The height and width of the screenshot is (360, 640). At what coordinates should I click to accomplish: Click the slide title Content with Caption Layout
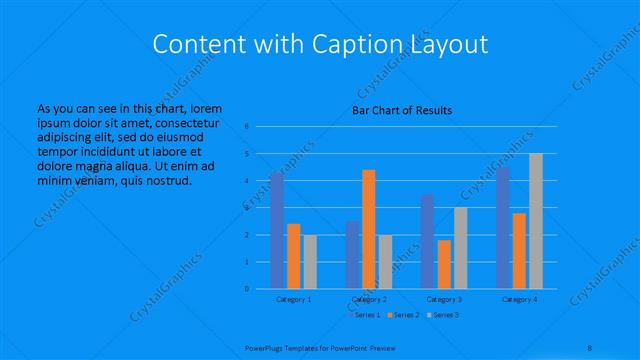319,45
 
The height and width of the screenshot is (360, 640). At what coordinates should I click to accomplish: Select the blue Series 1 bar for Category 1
277,230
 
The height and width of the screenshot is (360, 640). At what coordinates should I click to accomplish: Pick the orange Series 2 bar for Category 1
293,256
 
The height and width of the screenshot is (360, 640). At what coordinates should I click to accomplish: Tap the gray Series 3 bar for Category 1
310,262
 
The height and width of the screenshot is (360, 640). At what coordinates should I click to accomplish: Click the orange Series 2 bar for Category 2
368,229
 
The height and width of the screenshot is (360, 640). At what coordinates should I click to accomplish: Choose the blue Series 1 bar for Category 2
352,255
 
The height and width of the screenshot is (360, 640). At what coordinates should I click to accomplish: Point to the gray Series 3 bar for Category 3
460,248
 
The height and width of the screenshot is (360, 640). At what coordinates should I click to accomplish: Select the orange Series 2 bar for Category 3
444,264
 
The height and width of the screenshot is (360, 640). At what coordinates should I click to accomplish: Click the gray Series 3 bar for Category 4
536,221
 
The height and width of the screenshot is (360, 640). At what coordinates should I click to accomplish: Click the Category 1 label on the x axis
293,299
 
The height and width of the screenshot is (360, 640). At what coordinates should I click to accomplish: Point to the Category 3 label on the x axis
444,299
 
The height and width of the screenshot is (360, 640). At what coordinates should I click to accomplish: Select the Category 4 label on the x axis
519,299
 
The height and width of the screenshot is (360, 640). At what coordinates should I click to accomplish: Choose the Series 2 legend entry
402,316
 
